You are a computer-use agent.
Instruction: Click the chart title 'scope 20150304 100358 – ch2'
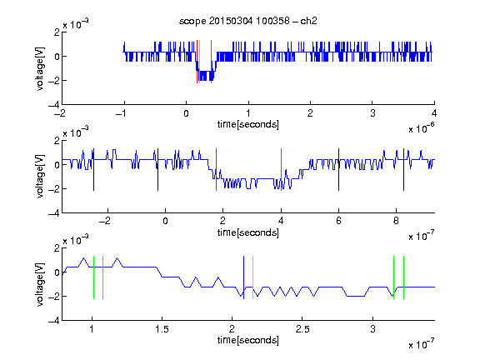248,21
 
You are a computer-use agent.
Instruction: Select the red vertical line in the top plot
197,62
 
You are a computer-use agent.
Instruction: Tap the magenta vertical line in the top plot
211,62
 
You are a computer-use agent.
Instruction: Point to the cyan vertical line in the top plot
199,62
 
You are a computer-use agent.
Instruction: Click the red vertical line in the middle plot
216,170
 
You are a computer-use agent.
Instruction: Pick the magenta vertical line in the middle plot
281,170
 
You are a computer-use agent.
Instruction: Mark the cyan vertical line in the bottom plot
252,277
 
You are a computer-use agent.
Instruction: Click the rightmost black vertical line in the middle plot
403,170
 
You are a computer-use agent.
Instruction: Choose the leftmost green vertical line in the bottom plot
93,277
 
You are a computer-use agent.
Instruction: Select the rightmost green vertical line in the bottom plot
404,277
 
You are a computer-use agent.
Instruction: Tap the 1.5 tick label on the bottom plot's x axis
162,329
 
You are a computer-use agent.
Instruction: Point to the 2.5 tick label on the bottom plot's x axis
302,329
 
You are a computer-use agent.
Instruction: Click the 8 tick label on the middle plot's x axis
396,221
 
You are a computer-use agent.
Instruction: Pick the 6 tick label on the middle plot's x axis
338,221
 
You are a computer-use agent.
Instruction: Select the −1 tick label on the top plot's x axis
121,113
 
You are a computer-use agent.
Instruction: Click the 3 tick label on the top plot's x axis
372,113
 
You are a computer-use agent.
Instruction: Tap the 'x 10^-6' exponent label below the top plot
422,128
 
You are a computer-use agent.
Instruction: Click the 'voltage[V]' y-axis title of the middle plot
40,177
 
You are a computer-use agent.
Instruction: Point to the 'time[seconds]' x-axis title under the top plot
248,124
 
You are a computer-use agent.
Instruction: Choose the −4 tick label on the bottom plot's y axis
54,320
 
